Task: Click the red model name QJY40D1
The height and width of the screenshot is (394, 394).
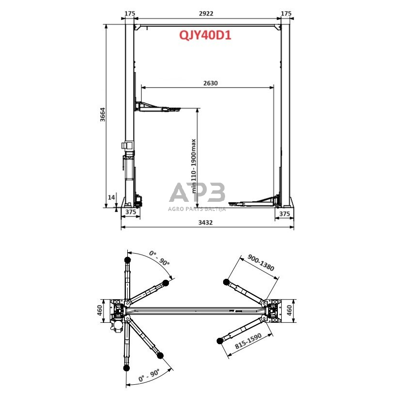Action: tap(205, 35)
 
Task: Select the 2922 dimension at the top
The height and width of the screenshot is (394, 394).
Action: tap(206, 14)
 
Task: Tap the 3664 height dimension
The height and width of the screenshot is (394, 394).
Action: tap(103, 115)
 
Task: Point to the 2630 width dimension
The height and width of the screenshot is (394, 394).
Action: tap(211, 83)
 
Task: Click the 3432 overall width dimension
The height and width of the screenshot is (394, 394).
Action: tap(206, 222)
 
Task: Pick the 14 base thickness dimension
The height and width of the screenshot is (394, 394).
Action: tap(111, 197)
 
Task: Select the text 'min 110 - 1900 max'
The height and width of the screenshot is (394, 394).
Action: tap(194, 166)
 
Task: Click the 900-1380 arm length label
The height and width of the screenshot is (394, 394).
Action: tap(260, 262)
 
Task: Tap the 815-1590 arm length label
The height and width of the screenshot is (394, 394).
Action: tap(248, 341)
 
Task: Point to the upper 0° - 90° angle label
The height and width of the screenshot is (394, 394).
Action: tap(159, 258)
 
